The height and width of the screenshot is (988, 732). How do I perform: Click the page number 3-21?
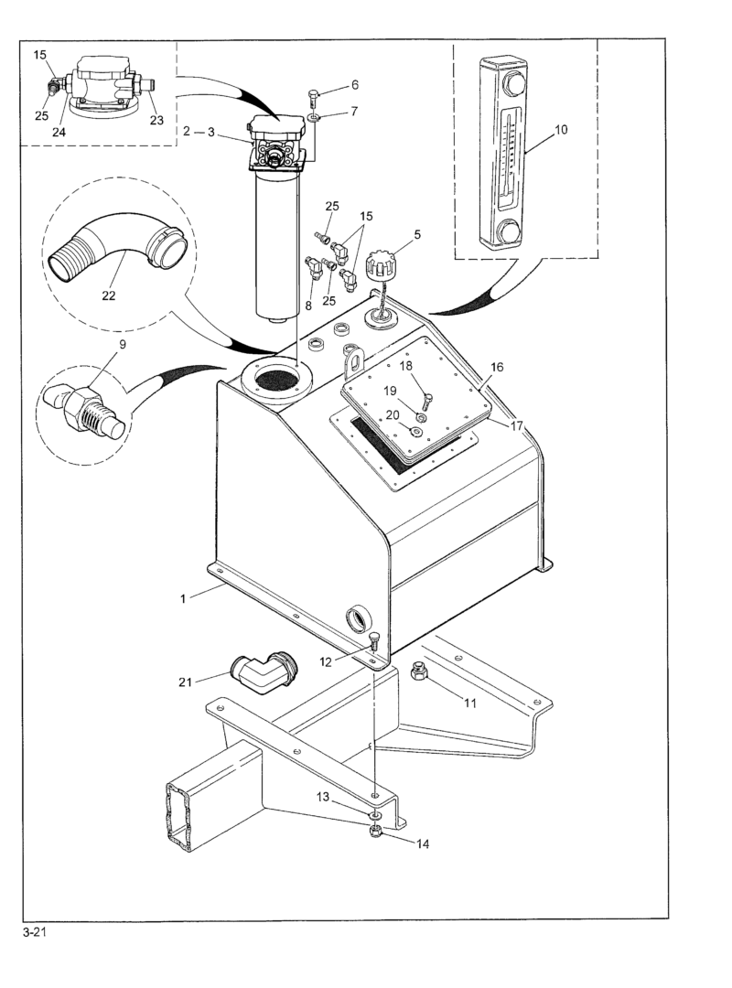coord(35,933)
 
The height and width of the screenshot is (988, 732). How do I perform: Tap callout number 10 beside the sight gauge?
coord(561,130)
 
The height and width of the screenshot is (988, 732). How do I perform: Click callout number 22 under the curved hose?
coord(109,295)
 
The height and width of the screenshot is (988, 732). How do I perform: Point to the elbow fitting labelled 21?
coord(263,671)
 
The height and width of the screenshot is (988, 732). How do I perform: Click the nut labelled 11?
coord(419,673)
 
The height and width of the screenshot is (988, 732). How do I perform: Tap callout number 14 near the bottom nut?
coord(423,843)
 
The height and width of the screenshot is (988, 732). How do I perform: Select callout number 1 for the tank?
coord(183,598)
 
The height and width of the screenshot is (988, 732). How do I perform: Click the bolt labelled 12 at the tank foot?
coord(374,640)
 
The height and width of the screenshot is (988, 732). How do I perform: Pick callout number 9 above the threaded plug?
coord(123,344)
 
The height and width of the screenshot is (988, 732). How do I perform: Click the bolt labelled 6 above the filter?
coord(314,98)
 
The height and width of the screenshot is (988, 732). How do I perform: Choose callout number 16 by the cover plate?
coord(497,368)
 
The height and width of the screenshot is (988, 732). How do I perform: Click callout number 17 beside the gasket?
coord(517,426)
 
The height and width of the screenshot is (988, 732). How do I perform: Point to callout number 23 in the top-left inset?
coord(156,121)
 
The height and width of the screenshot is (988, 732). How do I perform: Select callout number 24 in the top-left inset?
coord(59,132)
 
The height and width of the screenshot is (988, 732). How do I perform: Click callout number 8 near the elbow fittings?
coord(308,306)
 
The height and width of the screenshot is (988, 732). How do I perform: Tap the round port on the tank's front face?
coord(359,618)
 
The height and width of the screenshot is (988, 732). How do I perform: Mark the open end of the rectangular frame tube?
coord(178,816)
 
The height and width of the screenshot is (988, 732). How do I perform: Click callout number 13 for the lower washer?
coord(323,797)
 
